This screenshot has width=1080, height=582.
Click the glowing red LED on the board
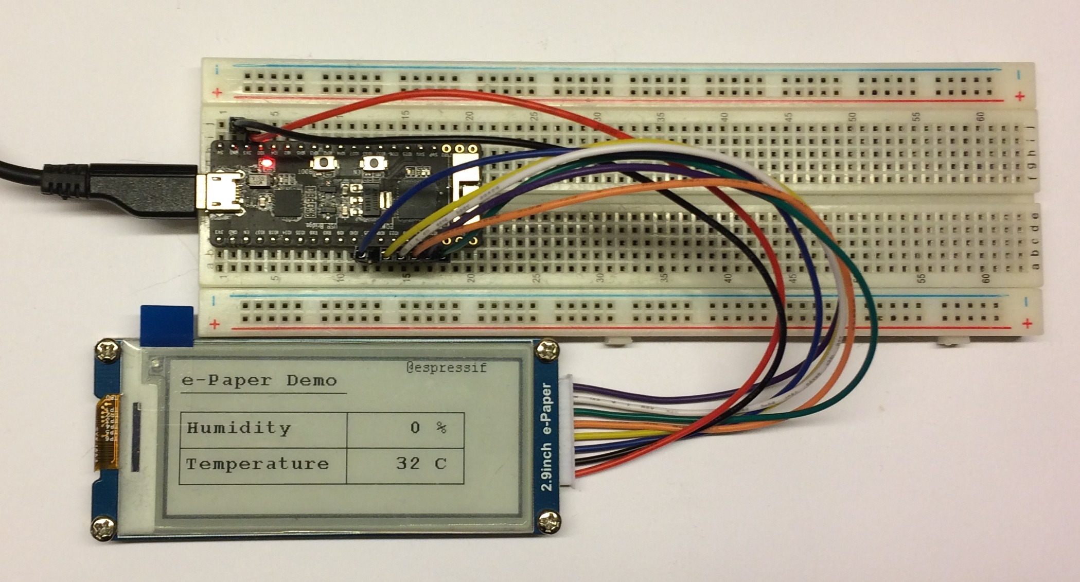267,164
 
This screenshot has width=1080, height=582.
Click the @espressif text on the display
446,367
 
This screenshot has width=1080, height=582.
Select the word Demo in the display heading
311,381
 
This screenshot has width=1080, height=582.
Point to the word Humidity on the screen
239,428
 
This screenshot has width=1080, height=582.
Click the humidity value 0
415,428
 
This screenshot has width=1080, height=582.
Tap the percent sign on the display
441,428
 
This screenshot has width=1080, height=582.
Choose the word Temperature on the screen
257,464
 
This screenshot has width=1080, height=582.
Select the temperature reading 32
408,463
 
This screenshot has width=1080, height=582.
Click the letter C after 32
440,464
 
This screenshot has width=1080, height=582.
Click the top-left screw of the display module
107,351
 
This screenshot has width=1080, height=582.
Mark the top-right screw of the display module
547,350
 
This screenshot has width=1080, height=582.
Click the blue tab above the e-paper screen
167,324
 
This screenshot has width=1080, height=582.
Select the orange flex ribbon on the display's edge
107,432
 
